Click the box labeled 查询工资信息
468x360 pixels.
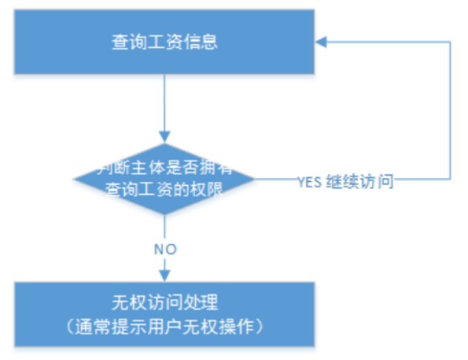[164, 41]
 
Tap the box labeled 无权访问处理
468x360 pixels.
[164, 313]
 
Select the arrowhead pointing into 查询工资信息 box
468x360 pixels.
[322, 41]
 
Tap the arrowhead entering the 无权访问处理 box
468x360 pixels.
[164, 276]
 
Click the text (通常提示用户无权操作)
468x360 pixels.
[164, 325]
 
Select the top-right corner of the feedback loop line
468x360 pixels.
[450, 41]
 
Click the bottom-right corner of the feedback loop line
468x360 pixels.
[450, 179]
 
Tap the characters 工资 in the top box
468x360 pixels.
[164, 41]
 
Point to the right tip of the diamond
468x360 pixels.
[254, 178]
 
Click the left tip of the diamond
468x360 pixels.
[74, 178]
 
